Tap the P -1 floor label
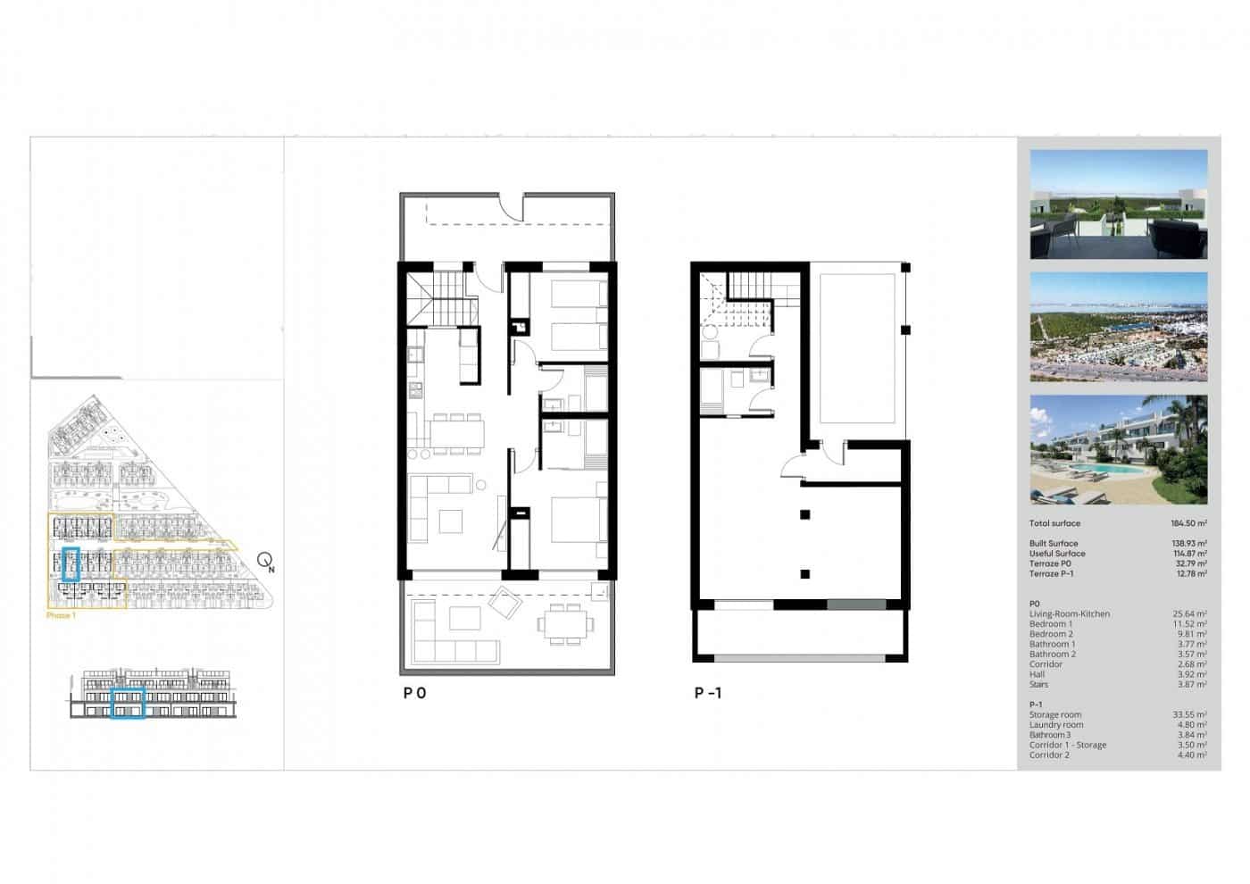(x=708, y=692)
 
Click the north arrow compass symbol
(x=266, y=561)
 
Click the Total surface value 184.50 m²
(x=1188, y=523)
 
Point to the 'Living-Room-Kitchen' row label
(x=1069, y=614)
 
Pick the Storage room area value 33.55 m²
(x=1189, y=714)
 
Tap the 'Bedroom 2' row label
(x=1051, y=634)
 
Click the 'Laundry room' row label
(x=1055, y=725)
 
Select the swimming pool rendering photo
(x=1118, y=450)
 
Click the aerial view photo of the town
(x=1118, y=327)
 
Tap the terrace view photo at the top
(x=1118, y=204)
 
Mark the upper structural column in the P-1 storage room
(x=805, y=513)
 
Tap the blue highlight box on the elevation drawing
(x=128, y=704)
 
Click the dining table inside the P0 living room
(x=457, y=432)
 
